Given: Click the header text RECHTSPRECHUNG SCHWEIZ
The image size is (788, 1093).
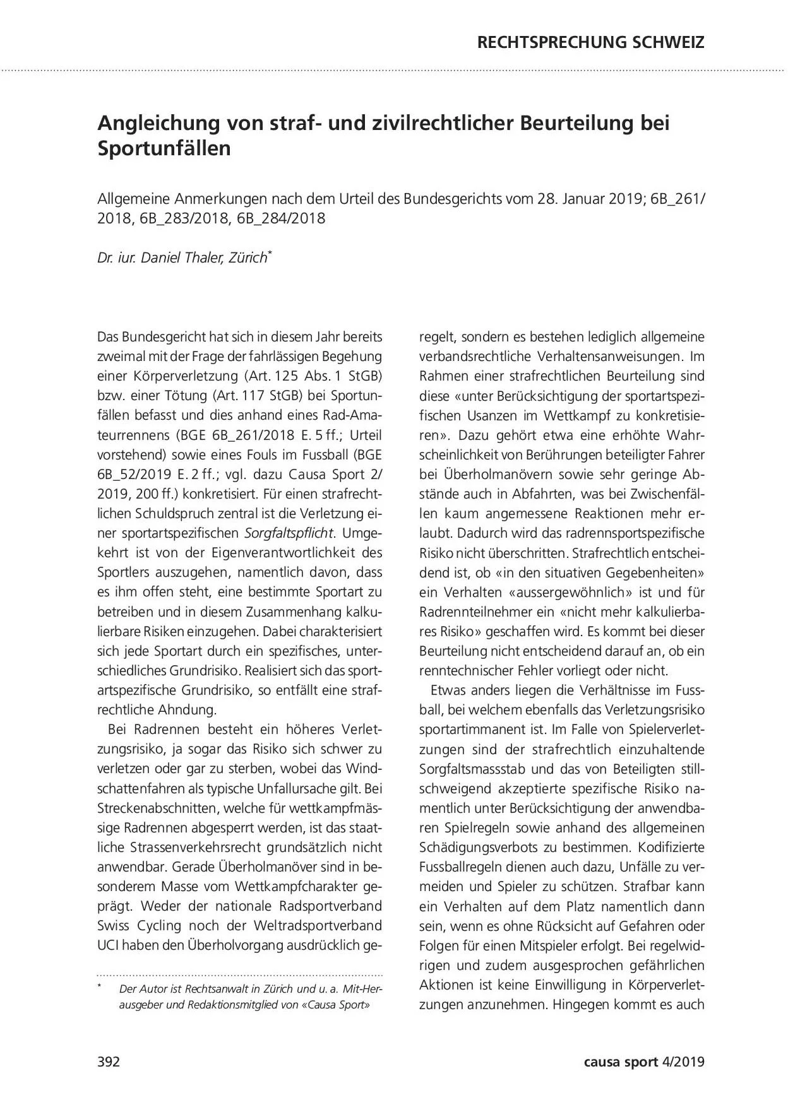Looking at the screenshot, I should click(590, 43).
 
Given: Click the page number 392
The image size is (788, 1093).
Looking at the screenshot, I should click(109, 1061).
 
